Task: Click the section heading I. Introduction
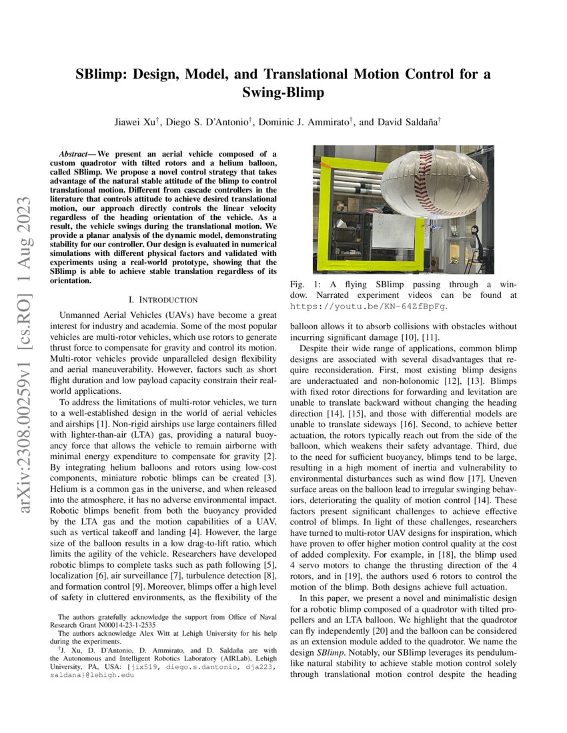click(164, 300)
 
